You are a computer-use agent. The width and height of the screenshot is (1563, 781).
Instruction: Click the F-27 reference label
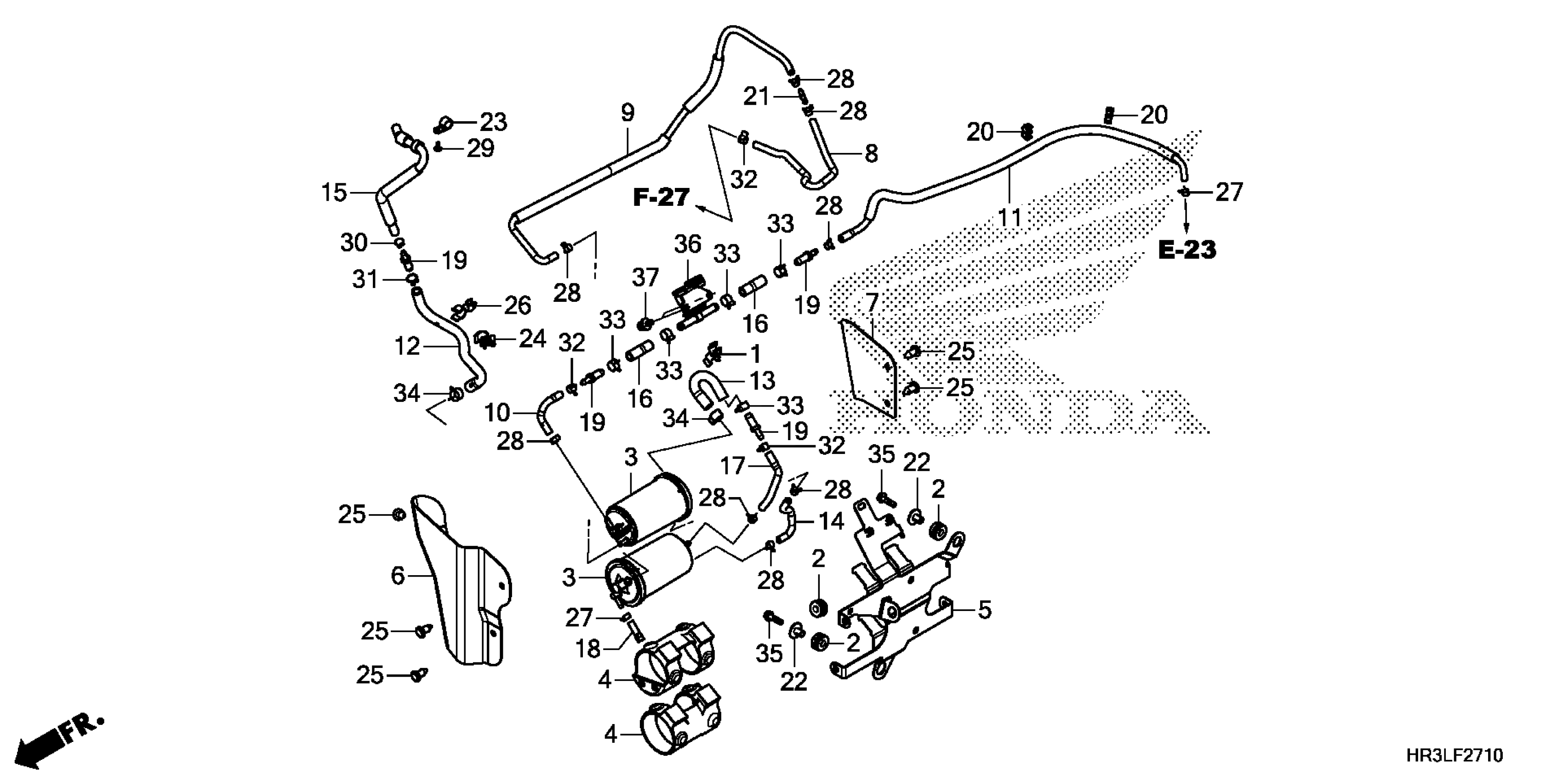[x=662, y=198]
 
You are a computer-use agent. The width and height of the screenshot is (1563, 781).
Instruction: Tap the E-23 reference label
[x=1187, y=250]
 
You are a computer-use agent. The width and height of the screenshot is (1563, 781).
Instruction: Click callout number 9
[x=627, y=113]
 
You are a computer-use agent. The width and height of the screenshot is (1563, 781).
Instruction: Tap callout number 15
[x=334, y=193]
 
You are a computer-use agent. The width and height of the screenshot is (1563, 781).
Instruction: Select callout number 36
[x=687, y=244]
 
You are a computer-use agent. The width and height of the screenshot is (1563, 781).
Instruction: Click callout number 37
[x=645, y=278]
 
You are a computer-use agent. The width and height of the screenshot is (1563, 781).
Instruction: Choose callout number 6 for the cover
[x=398, y=575]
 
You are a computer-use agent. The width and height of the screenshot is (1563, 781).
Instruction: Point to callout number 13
[x=762, y=380]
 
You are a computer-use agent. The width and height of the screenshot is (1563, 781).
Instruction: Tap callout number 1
[x=755, y=353]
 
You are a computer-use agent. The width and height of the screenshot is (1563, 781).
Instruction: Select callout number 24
[x=532, y=338]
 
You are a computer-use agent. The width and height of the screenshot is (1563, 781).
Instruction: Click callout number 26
[x=518, y=306]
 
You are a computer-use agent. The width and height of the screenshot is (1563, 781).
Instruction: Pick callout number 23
[x=493, y=122]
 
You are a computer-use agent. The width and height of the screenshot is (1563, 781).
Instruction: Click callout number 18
[x=588, y=649]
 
